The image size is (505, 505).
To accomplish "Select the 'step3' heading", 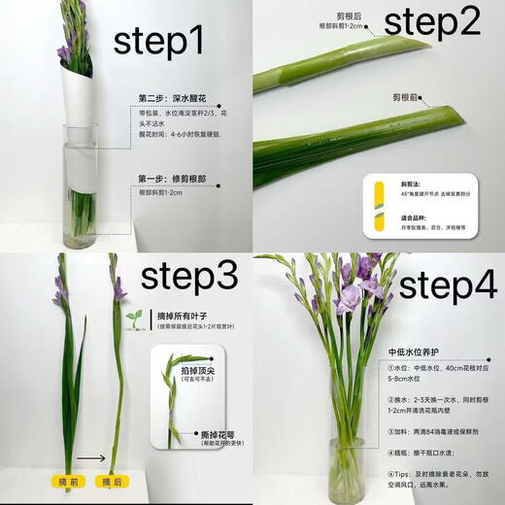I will tap(189, 277).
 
